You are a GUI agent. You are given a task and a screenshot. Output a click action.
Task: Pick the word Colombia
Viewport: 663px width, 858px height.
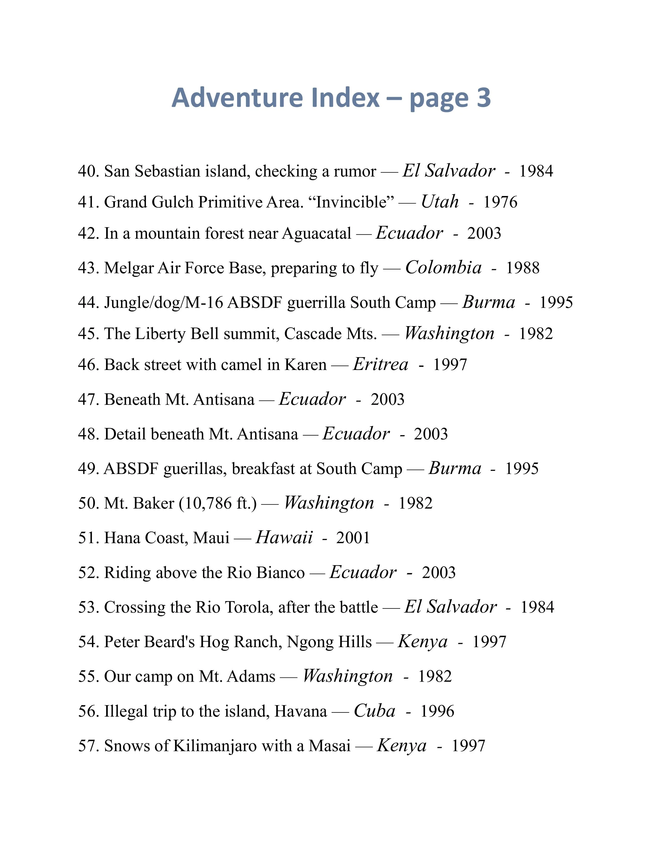tap(443, 268)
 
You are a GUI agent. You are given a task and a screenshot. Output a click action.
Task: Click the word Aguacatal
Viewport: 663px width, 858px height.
tap(316, 233)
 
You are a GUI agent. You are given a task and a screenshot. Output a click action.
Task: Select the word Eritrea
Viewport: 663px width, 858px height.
tap(380, 365)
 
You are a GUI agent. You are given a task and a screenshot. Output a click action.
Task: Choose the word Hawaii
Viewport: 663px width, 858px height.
tap(284, 538)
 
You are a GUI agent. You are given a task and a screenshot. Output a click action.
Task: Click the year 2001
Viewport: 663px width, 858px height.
tap(353, 538)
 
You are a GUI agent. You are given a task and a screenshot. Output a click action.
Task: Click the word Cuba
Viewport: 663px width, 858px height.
tap(374, 711)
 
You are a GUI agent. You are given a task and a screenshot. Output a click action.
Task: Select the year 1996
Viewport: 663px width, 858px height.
tap(437, 711)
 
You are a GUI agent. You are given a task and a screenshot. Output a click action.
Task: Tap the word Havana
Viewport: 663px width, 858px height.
tap(300, 711)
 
